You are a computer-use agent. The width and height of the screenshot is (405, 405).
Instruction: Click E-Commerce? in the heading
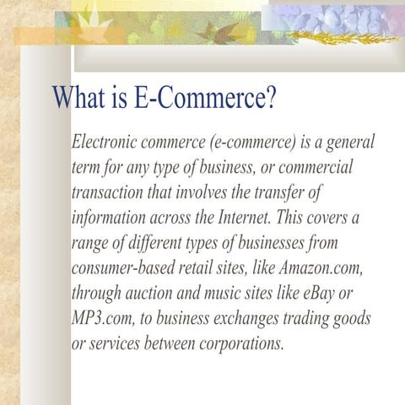(x=205, y=99)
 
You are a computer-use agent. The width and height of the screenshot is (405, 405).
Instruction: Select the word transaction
(x=109, y=192)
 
